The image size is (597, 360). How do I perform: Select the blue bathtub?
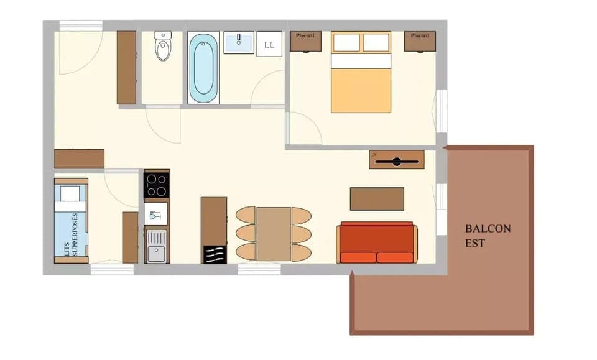(203, 68)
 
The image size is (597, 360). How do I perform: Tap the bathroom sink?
(239, 43)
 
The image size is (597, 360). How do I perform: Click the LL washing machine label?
(269, 45)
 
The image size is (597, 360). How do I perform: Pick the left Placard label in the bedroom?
(305, 36)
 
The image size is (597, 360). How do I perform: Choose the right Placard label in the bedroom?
(420, 36)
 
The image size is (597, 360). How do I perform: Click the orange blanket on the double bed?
(361, 90)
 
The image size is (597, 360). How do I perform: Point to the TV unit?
(396, 160)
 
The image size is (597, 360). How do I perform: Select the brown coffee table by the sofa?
(377, 199)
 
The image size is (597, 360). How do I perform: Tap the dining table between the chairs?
(274, 234)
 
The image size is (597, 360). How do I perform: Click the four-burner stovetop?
(156, 185)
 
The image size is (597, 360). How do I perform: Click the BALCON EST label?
(488, 236)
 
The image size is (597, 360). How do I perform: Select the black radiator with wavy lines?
(214, 255)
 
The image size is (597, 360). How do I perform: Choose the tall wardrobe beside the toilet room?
(126, 67)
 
